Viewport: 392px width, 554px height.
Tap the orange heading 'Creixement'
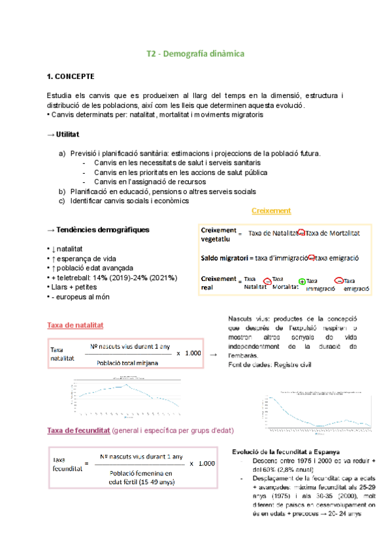pyautogui.click(x=271, y=210)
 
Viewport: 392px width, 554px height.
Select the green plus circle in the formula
pyautogui.click(x=302, y=282)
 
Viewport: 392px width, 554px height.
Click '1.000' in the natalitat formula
pyautogui.click(x=193, y=353)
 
